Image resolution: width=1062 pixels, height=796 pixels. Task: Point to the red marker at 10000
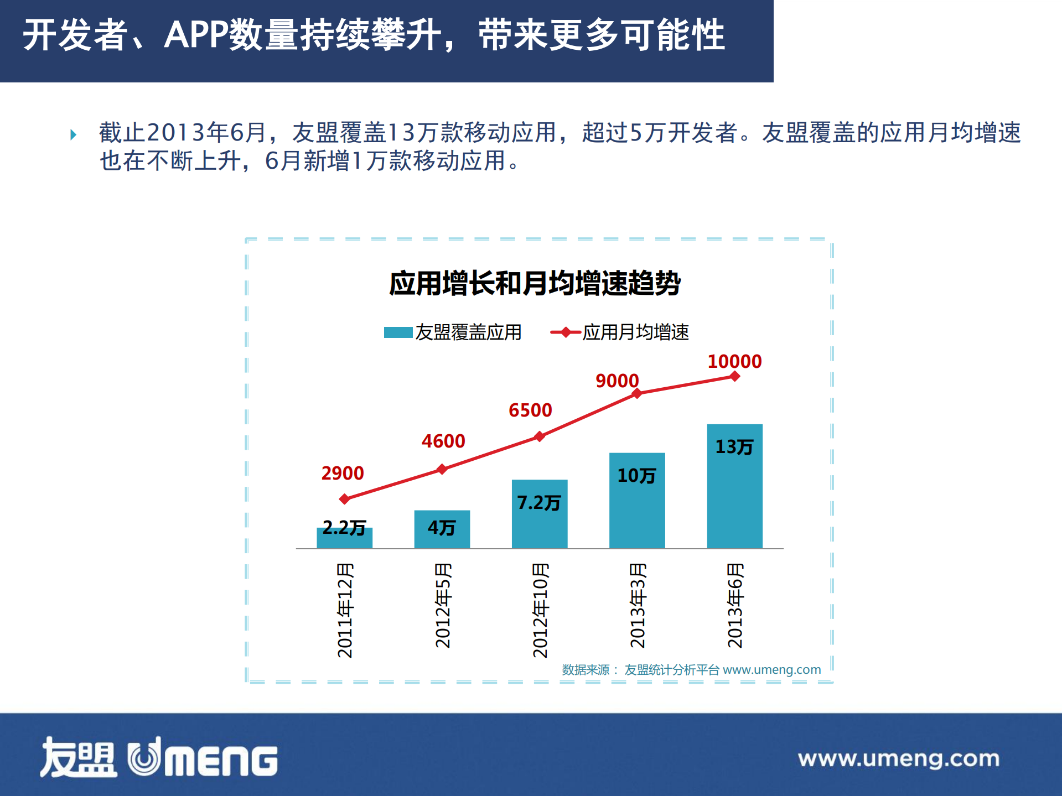click(735, 377)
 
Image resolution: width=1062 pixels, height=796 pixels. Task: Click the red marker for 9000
click(637, 393)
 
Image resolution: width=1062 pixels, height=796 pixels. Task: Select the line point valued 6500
click(540, 436)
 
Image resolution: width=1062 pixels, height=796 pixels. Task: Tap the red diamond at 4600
click(442, 469)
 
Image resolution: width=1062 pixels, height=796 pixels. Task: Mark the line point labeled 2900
click(344, 499)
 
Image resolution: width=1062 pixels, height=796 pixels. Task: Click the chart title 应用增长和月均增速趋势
click(535, 283)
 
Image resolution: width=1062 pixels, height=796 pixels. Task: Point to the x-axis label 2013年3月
click(638, 605)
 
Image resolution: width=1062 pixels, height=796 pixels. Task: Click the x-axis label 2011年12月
click(345, 610)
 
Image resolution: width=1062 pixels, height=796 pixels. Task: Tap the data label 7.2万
click(538, 502)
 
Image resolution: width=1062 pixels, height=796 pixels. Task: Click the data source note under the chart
click(691, 670)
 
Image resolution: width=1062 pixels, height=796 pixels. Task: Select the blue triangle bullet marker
click(73, 134)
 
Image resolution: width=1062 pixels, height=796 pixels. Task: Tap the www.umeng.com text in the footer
click(898, 758)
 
